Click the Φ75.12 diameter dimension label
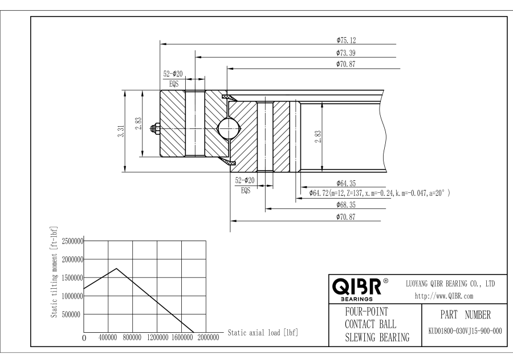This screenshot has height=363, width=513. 346,41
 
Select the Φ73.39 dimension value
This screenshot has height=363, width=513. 346,53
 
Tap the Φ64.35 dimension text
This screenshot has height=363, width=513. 346,183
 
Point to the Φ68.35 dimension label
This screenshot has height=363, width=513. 346,205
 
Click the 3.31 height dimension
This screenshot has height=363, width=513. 121,131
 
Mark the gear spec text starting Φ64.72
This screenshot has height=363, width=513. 380,193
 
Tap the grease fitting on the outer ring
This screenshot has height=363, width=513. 155,128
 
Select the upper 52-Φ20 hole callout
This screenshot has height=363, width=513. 173,74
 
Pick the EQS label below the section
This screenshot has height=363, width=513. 246,190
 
